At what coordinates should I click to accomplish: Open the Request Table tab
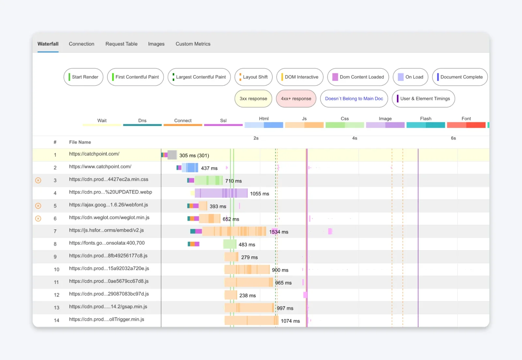[x=121, y=44]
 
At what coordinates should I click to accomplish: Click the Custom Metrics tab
[x=193, y=44]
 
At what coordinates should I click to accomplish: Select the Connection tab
[x=82, y=44]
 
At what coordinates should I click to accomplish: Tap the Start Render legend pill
[x=84, y=77]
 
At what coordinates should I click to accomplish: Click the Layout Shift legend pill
[x=253, y=77]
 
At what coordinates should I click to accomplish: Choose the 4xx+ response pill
[x=296, y=99]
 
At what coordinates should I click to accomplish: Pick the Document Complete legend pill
[x=460, y=77]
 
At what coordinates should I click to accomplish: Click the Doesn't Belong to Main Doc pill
[x=354, y=99]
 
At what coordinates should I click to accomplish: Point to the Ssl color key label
[x=223, y=120]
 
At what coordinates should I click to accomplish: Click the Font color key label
[x=466, y=118]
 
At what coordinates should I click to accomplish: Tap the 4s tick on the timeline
[x=355, y=138]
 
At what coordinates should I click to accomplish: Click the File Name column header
[x=80, y=142]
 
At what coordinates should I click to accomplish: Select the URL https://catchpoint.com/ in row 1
[x=94, y=154]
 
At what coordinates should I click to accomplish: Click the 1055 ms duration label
[x=259, y=194]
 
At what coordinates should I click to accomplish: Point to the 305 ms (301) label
[x=194, y=155]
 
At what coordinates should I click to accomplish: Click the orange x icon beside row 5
[x=38, y=206]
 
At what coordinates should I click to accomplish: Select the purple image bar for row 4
[x=221, y=193]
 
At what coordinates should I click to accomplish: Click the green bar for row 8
[x=230, y=244]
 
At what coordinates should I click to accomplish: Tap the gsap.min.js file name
[x=108, y=306]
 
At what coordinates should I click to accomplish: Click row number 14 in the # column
[x=56, y=320]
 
